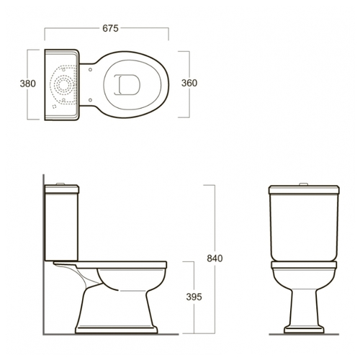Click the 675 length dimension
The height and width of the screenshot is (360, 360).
pyautogui.click(x=110, y=28)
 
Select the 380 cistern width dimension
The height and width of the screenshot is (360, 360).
pyautogui.click(x=28, y=84)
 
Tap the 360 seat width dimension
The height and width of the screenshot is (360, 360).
pyautogui.click(x=189, y=83)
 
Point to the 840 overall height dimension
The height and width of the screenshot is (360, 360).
pyautogui.click(x=215, y=258)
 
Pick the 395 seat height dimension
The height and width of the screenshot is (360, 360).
pyautogui.click(x=194, y=297)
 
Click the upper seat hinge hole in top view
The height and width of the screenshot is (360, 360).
pyautogui.click(x=90, y=70)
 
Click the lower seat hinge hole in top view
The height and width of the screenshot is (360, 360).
pyautogui.click(x=90, y=99)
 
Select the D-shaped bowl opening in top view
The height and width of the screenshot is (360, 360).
pyautogui.click(x=127, y=84)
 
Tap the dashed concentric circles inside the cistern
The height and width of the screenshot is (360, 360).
pyautogui.click(x=63, y=85)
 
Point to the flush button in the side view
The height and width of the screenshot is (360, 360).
pyautogui.click(x=60, y=184)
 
